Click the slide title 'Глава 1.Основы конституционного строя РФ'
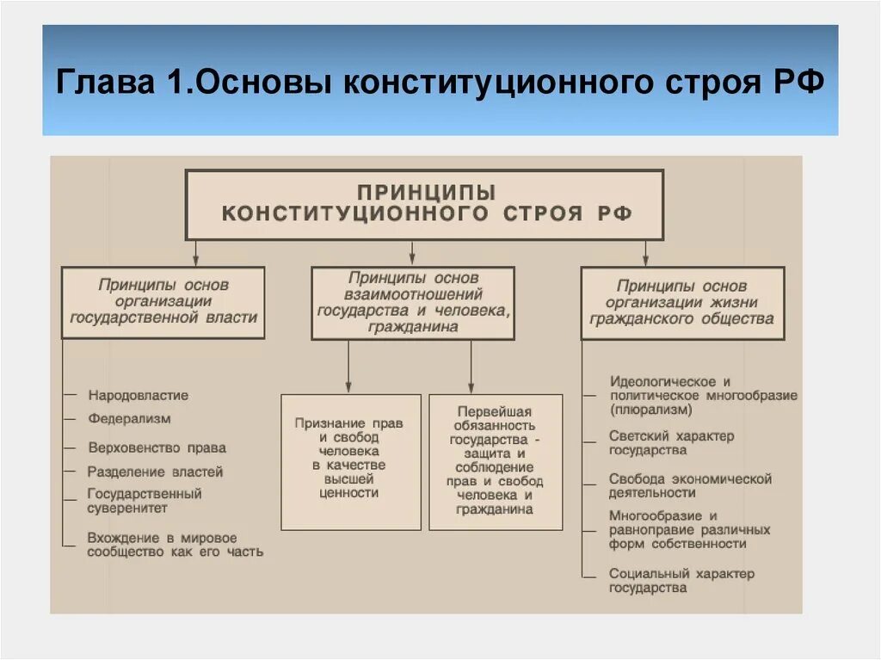tap(440, 83)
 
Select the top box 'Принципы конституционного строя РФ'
tap(425, 204)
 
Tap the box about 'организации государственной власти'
tap(163, 301)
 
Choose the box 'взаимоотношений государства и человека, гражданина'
tap(413, 302)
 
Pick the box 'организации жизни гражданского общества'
tap(682, 302)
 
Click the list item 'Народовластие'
tap(138, 396)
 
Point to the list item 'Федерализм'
tap(129, 419)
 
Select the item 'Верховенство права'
tap(157, 447)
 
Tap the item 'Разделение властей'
tap(155, 472)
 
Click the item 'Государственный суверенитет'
tap(145, 501)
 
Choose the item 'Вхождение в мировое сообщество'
tap(175, 545)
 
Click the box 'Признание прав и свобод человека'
tap(350, 459)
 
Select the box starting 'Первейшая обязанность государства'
tap(496, 460)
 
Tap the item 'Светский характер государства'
tap(671, 442)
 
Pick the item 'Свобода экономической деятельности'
tap(690, 485)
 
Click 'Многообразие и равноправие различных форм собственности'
tap(689, 529)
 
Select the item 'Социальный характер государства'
tap(681, 580)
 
